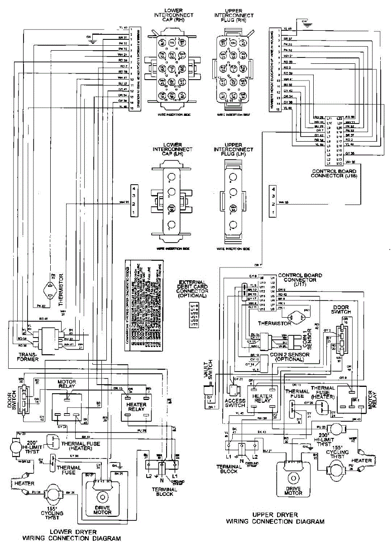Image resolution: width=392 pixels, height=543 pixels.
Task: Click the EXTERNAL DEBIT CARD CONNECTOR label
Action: [x=193, y=288]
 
